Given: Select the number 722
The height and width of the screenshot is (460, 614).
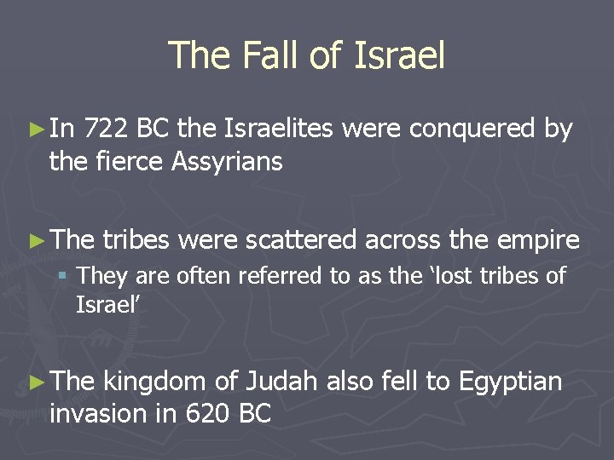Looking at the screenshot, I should tap(109, 130).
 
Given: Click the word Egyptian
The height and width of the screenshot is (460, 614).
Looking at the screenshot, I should tap(510, 382).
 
